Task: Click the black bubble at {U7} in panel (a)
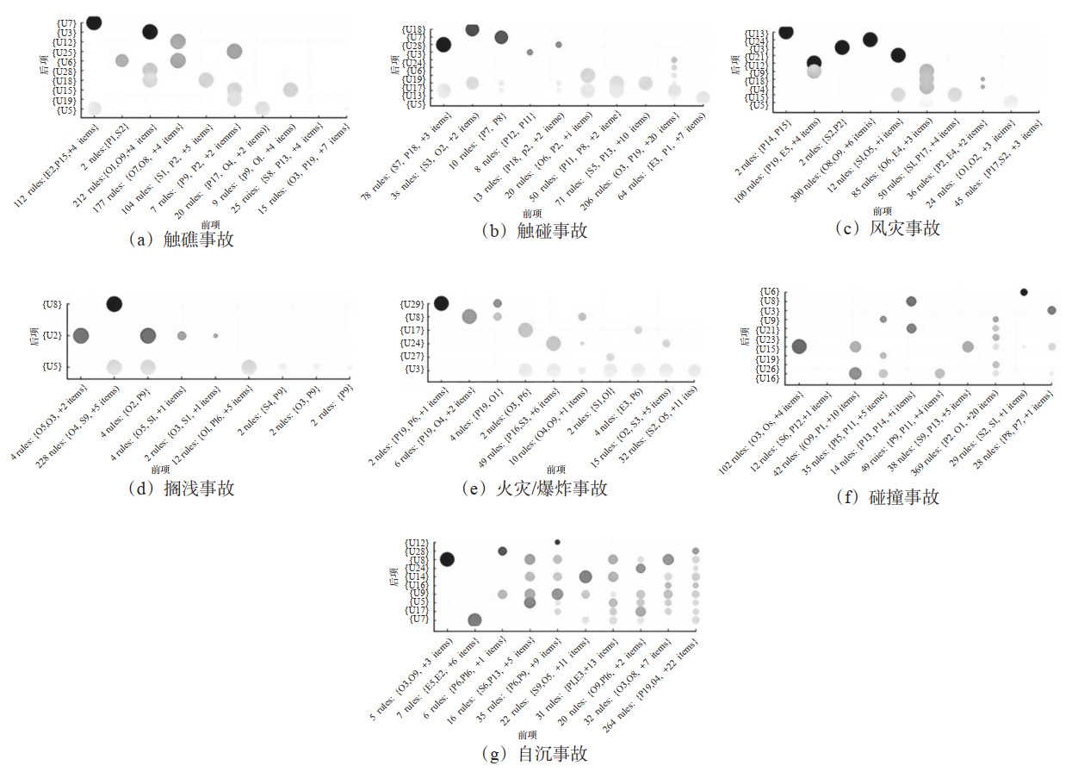click(x=94, y=22)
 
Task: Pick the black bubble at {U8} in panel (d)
click(x=114, y=303)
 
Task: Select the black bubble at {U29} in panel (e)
click(x=441, y=302)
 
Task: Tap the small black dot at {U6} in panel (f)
click(x=1024, y=292)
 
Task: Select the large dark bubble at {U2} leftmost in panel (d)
click(x=81, y=335)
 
